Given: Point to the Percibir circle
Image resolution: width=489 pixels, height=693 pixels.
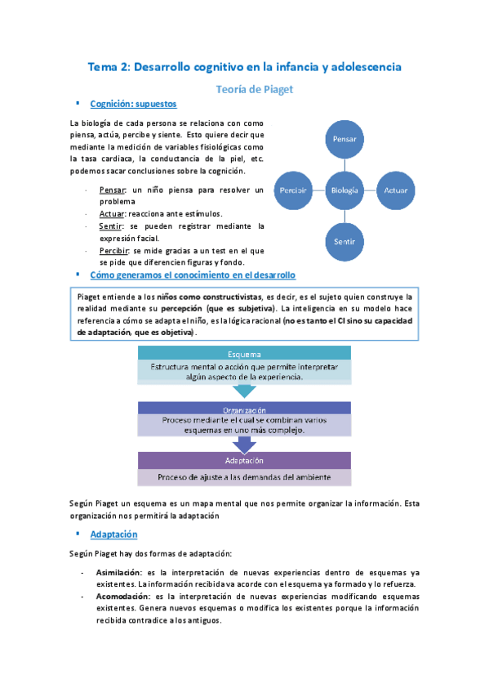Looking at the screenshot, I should [292, 190].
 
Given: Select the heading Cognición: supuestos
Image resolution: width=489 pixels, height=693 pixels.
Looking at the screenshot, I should [134, 105].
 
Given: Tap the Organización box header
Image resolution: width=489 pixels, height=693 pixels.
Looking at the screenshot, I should [245, 409].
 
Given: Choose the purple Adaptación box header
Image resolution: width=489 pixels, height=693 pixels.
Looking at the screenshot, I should [245, 460].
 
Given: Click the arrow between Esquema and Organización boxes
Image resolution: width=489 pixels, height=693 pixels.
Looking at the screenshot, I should [245, 392].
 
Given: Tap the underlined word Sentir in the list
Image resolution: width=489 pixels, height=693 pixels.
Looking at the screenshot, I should [110, 226].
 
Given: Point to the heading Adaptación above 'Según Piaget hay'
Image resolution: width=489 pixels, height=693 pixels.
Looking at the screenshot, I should [113, 534].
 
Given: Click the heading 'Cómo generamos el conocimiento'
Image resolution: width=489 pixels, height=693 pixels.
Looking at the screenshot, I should [193, 275].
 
